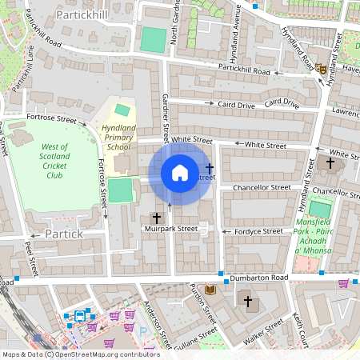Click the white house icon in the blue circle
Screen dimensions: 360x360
180,173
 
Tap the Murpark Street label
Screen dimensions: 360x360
172,229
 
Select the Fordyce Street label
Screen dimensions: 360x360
258,231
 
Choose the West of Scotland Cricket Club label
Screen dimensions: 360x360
54,161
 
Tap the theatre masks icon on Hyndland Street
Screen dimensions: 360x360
320,70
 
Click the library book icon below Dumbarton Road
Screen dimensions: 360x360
210,290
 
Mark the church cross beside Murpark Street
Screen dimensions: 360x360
157,217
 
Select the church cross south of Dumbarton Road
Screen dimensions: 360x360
248,301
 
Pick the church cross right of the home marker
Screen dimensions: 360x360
210,168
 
